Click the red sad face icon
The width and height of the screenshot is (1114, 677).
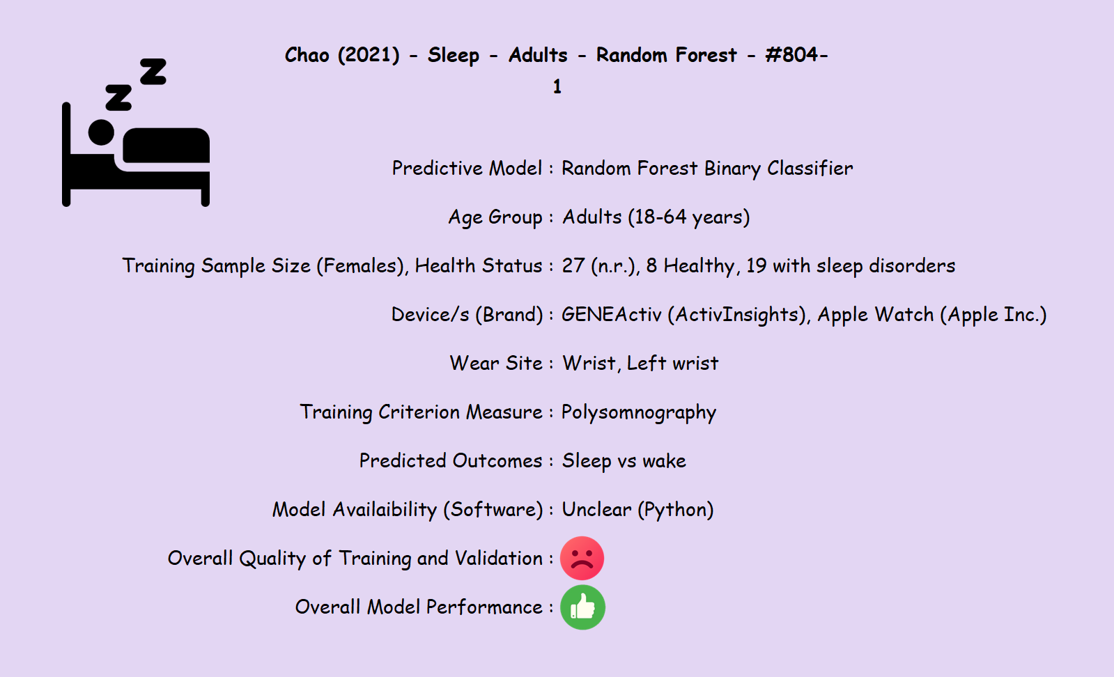coord(582,558)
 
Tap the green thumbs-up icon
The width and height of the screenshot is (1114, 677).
coord(582,607)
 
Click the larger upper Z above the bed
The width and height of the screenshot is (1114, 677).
coord(153,72)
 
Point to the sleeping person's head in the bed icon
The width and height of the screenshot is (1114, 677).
coord(102,132)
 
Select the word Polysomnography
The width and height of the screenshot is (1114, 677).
coord(639,412)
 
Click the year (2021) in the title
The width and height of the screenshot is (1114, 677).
coord(369,55)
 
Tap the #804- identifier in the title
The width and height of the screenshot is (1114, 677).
coord(797,55)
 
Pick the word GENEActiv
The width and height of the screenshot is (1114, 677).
coord(612,315)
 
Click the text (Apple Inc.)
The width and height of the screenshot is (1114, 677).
coord(993,315)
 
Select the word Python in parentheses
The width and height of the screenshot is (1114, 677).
coord(676,510)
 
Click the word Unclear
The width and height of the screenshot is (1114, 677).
coord(596,509)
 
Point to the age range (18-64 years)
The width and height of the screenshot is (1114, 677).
coord(689,218)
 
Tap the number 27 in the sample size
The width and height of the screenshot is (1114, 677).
coord(573,266)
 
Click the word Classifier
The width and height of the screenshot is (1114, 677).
coord(810,169)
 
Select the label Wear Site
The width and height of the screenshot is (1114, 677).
coord(496,364)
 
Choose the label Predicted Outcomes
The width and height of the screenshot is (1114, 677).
coord(451,461)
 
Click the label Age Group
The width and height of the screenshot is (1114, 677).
coord(495,218)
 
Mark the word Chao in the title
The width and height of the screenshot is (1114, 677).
coord(307,55)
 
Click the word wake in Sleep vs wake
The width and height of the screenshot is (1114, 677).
coord(664,461)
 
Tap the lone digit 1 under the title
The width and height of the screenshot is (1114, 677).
coord(557,87)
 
